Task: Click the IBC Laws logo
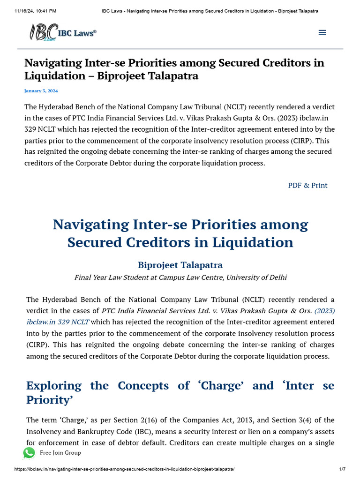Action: click(x=62, y=32)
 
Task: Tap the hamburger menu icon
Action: click(x=322, y=32)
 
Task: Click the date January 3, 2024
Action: click(x=41, y=91)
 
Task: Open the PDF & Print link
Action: click(x=307, y=185)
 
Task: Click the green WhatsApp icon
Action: click(x=29, y=452)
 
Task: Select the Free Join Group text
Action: click(x=60, y=452)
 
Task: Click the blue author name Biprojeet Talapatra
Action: click(x=180, y=265)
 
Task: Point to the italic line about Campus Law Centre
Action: click(x=180, y=277)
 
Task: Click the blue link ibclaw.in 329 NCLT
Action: click(x=58, y=322)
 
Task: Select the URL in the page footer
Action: click(x=124, y=469)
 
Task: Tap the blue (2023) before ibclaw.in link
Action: click(x=324, y=310)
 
